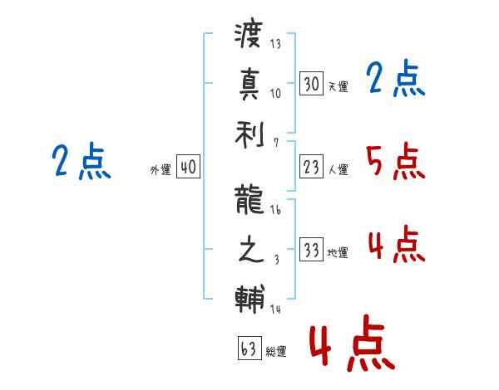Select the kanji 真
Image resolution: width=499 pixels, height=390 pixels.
tap(249, 84)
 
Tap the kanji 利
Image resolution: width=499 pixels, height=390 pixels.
tap(249, 135)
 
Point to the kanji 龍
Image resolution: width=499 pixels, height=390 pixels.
tap(249, 200)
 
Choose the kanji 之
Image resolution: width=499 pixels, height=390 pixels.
tap(250, 249)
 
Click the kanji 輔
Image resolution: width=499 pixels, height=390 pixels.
tap(249, 299)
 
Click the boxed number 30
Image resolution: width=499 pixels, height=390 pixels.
tap(311, 84)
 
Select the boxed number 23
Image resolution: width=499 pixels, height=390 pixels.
tap(311, 167)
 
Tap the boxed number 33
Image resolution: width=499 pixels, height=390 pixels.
tap(311, 249)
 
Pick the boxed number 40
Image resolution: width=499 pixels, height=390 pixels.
tap(188, 167)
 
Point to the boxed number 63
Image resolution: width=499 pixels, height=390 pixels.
tap(249, 348)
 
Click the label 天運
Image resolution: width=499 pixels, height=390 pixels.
tap(338, 86)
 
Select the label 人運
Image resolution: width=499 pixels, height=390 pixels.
tap(338, 169)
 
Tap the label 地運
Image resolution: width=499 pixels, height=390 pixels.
tap(338, 252)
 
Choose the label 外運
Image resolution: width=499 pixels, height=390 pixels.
tap(161, 169)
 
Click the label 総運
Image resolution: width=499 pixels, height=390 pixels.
tap(276, 351)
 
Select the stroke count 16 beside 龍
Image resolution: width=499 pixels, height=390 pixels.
tap(275, 210)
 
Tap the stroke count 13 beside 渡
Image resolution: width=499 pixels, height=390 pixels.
tap(275, 43)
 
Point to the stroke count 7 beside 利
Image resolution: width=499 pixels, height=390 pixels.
tap(276, 143)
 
